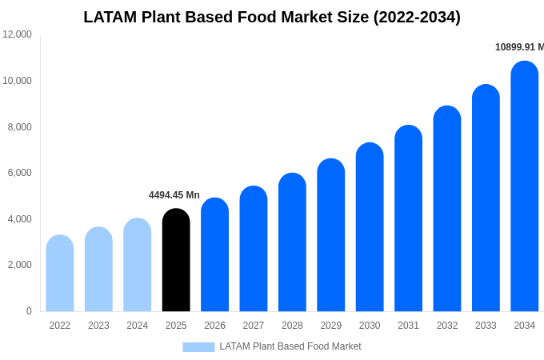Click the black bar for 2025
click(176, 260)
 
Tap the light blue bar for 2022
click(60, 274)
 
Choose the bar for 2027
click(254, 249)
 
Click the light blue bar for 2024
click(138, 265)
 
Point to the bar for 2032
click(447, 209)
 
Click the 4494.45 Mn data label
click(174, 195)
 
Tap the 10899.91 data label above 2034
click(519, 47)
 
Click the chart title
click(272, 17)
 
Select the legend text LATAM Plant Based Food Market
click(290, 346)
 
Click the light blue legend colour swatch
click(198, 347)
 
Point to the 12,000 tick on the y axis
click(17, 34)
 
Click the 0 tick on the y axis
click(29, 311)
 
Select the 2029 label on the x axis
click(331, 326)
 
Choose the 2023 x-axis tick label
click(98, 326)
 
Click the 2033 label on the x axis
click(486, 326)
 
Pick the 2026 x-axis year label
click(214, 326)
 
